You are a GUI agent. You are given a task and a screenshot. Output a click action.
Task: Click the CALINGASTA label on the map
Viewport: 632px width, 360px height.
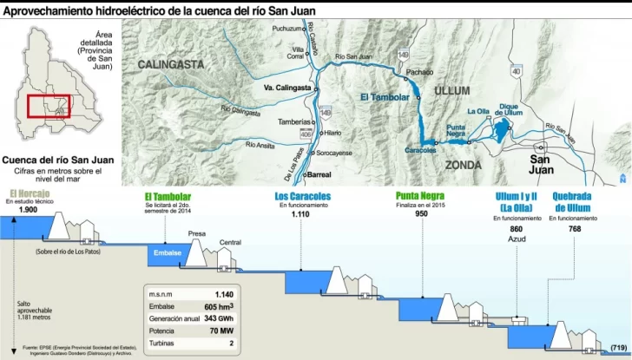tap(169, 63)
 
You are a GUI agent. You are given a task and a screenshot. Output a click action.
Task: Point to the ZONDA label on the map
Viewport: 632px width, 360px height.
tap(463, 164)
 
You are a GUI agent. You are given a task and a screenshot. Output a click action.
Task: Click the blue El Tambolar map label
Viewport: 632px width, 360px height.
tap(385, 97)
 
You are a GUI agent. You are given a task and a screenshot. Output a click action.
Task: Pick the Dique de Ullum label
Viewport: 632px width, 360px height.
tap(510, 110)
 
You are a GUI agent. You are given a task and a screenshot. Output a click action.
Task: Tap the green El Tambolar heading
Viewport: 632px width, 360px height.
tap(168, 197)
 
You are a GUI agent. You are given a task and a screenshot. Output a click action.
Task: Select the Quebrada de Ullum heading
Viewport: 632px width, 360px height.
tap(572, 201)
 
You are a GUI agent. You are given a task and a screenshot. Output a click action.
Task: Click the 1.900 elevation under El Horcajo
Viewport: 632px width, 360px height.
tap(28, 211)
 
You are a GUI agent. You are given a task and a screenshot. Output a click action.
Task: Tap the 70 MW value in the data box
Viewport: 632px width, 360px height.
tap(220, 331)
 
